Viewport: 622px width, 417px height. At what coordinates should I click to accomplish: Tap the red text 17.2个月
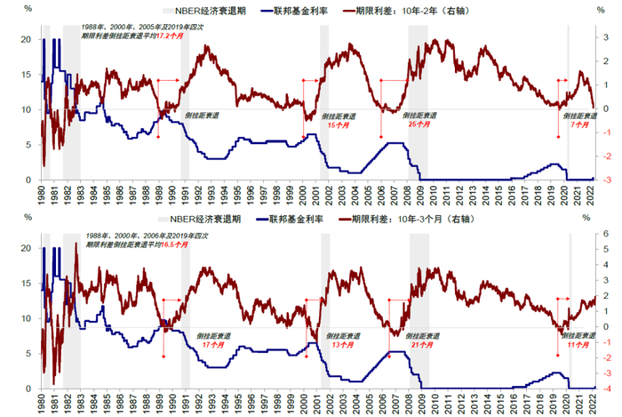pyautogui.click(x=170, y=41)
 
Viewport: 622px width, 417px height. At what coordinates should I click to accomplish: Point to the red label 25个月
pyautogui.click(x=419, y=124)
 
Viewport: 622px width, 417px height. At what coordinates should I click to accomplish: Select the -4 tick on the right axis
pyautogui.click(x=608, y=389)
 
